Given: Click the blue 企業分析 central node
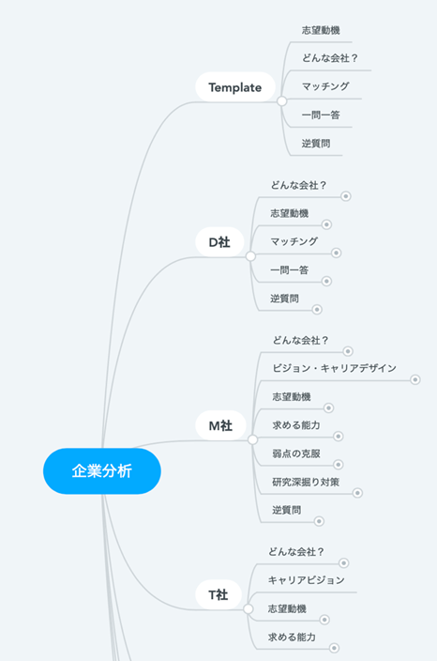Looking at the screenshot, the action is [x=102, y=471].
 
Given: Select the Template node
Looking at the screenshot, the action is [x=235, y=87].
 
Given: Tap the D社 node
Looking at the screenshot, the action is [x=219, y=242].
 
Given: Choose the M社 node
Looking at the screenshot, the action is [x=220, y=425].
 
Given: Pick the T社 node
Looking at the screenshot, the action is [x=218, y=595].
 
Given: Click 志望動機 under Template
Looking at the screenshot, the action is [x=321, y=30].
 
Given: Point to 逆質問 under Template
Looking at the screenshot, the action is [x=316, y=144].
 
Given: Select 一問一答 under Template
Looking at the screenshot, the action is [x=321, y=115].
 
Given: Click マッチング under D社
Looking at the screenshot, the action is [x=294, y=241].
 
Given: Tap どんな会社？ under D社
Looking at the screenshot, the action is [x=298, y=185].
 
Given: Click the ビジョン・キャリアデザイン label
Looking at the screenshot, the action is [x=334, y=368].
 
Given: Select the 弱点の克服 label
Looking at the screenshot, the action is [x=296, y=453].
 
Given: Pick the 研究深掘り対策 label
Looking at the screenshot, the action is [x=306, y=482].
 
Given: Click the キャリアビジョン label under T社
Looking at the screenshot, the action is [x=307, y=580].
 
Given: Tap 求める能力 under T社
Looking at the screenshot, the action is [x=292, y=637].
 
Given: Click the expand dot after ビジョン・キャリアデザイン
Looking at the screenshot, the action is [x=415, y=380].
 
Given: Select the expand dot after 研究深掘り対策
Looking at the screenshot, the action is [x=357, y=493].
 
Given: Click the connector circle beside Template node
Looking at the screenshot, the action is [x=282, y=101].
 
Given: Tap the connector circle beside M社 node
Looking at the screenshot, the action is [x=252, y=440].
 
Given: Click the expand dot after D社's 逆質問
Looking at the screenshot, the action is [x=317, y=310].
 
